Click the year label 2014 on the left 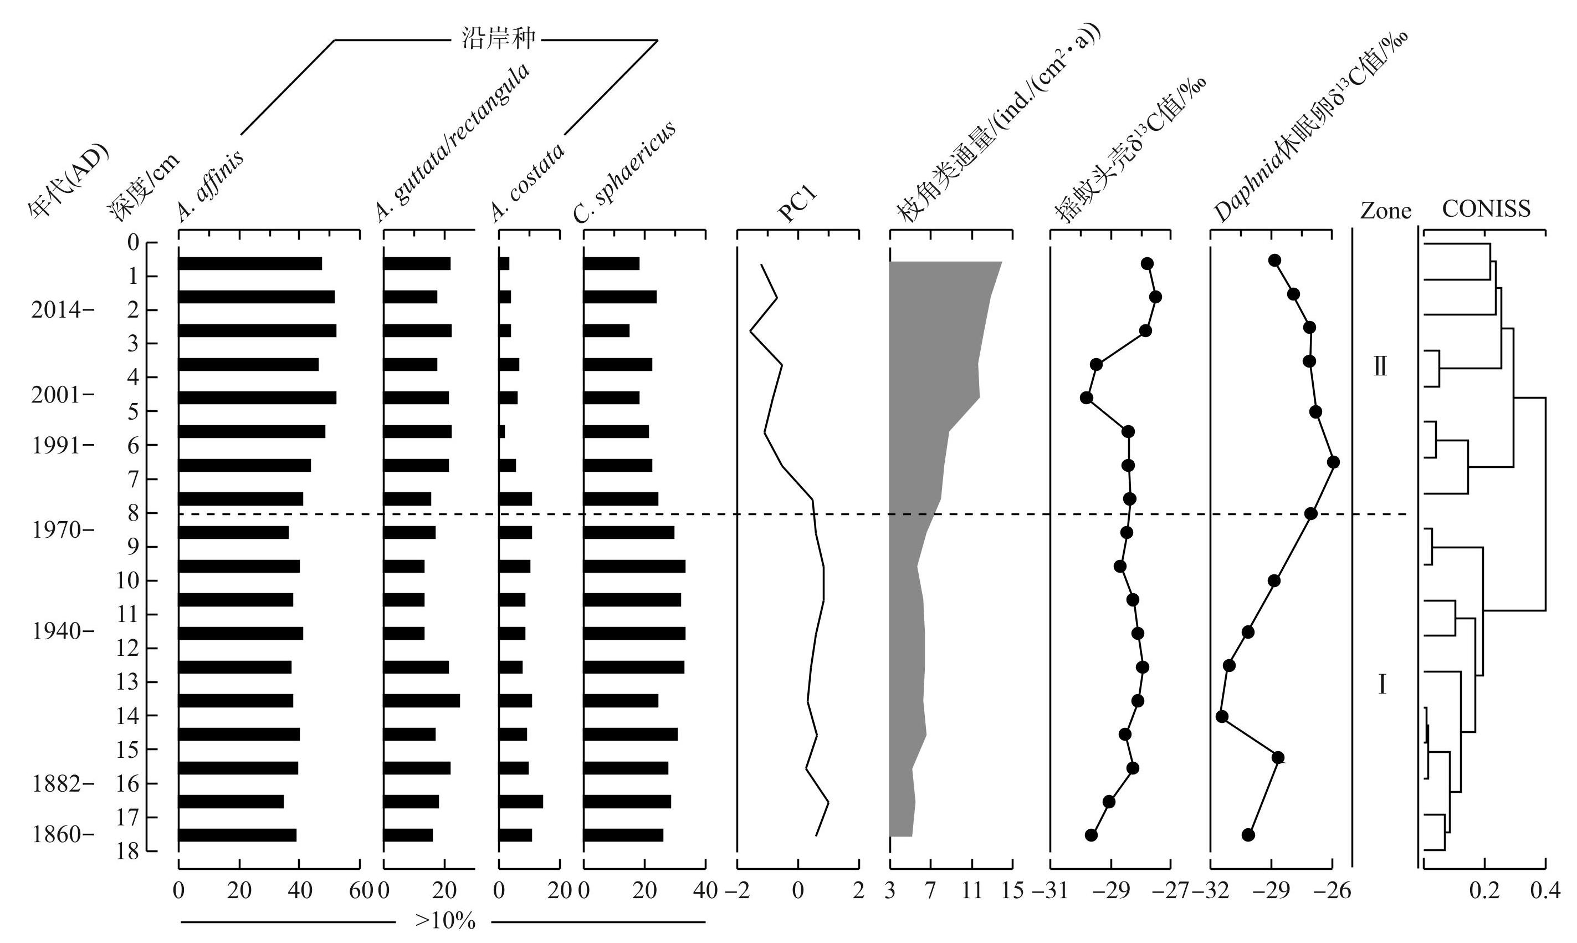pyautogui.click(x=57, y=310)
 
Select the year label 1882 pyautogui.click(x=57, y=783)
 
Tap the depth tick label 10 pyautogui.click(x=127, y=581)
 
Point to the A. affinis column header pyautogui.click(x=209, y=186)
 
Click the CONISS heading pyautogui.click(x=1486, y=208)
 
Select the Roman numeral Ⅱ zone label pyautogui.click(x=1380, y=366)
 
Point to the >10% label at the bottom pyautogui.click(x=444, y=921)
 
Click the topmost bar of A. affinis pyautogui.click(x=249, y=264)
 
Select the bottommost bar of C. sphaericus pyautogui.click(x=623, y=835)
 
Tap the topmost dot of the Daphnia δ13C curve pyautogui.click(x=1274, y=261)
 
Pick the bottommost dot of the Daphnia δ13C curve pyautogui.click(x=1248, y=834)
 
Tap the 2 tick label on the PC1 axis pyautogui.click(x=859, y=891)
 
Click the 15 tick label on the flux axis pyautogui.click(x=1012, y=891)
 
